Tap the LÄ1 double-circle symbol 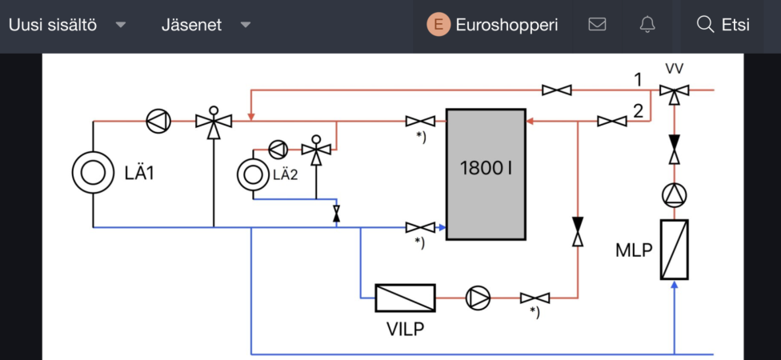(93, 171)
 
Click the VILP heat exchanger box (406, 298)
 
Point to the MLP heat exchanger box (674, 249)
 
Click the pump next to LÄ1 (158, 121)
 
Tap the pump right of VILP (478, 298)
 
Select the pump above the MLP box (674, 194)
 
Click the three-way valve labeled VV (674, 91)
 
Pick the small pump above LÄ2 (278, 149)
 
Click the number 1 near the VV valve (638, 79)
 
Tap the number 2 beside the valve (638, 111)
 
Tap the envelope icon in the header (597, 25)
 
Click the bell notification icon (647, 25)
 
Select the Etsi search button (723, 25)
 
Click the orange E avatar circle (439, 25)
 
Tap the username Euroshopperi (507, 25)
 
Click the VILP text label (405, 329)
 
